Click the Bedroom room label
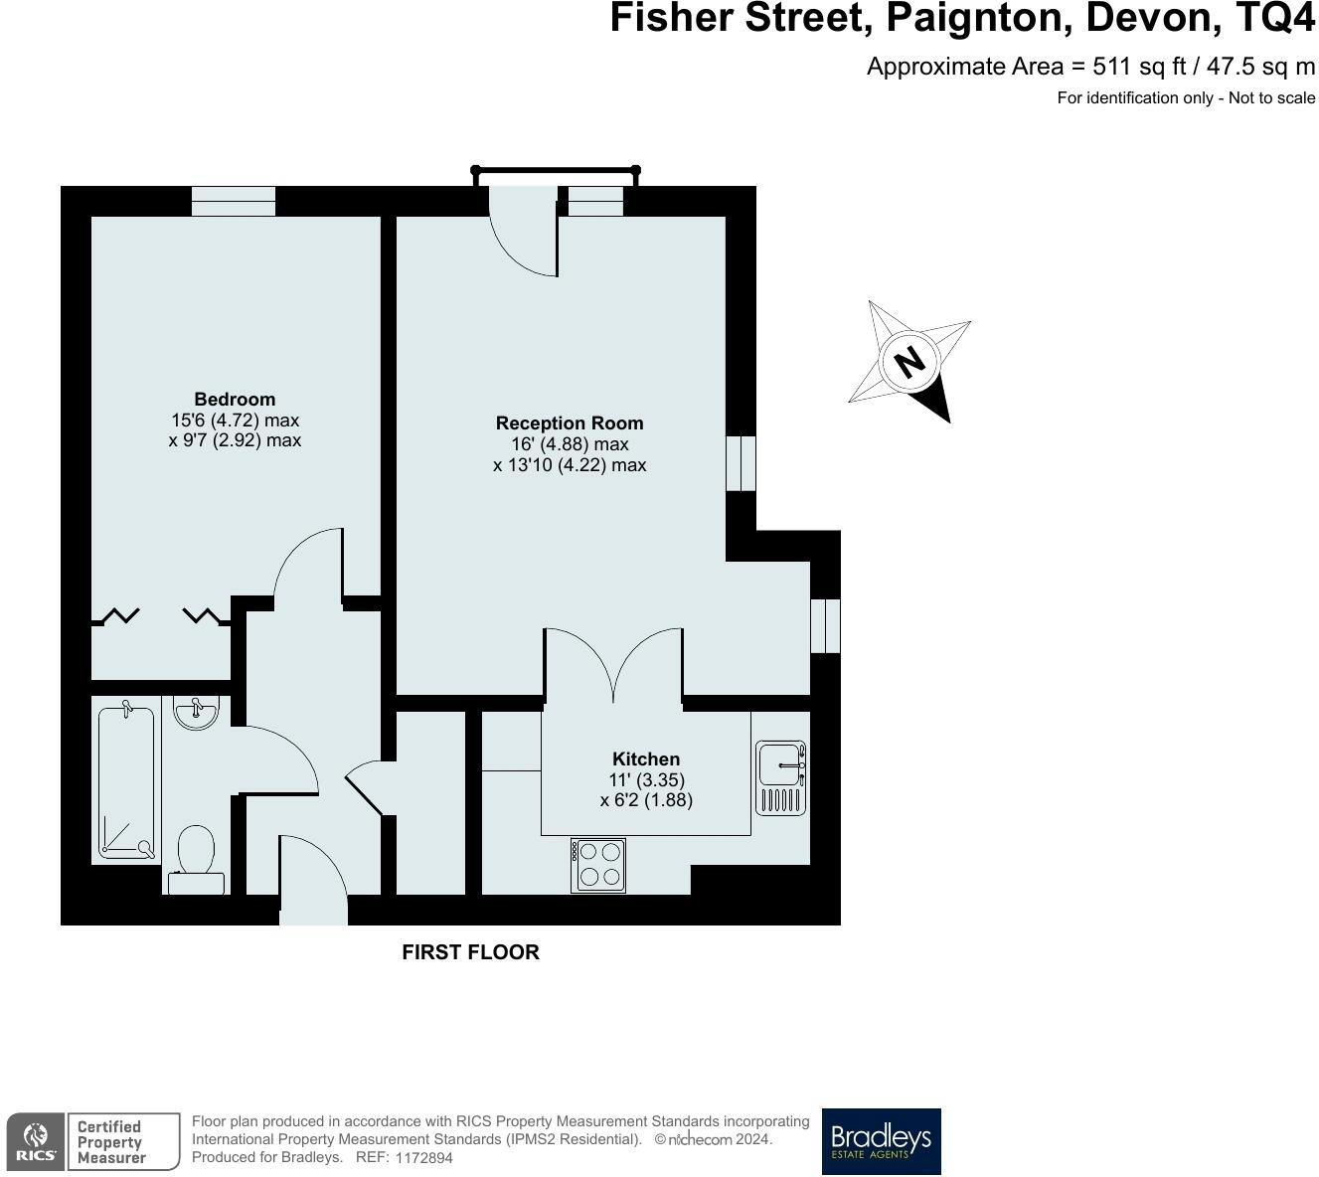(x=235, y=400)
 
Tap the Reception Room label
(x=570, y=422)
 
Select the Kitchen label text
(x=646, y=758)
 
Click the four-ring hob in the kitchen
(x=599, y=864)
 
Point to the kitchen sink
(x=780, y=777)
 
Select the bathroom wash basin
(x=195, y=713)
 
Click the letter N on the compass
(x=908, y=361)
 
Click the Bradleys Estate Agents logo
(x=881, y=1141)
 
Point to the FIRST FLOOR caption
(x=470, y=952)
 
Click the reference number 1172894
(x=423, y=1158)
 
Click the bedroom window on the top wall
(x=234, y=201)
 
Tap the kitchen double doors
(x=613, y=666)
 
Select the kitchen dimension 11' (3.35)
(x=646, y=780)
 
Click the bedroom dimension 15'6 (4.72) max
(x=235, y=420)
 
